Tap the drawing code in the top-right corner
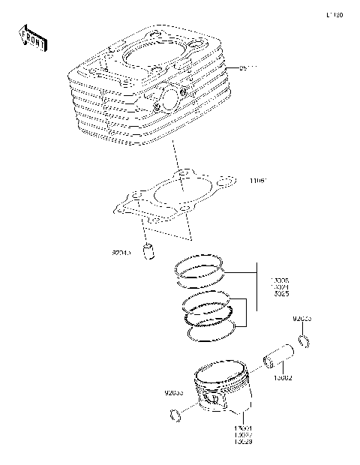tap(334, 14)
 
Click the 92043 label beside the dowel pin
tap(121, 253)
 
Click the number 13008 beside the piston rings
tap(280, 280)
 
